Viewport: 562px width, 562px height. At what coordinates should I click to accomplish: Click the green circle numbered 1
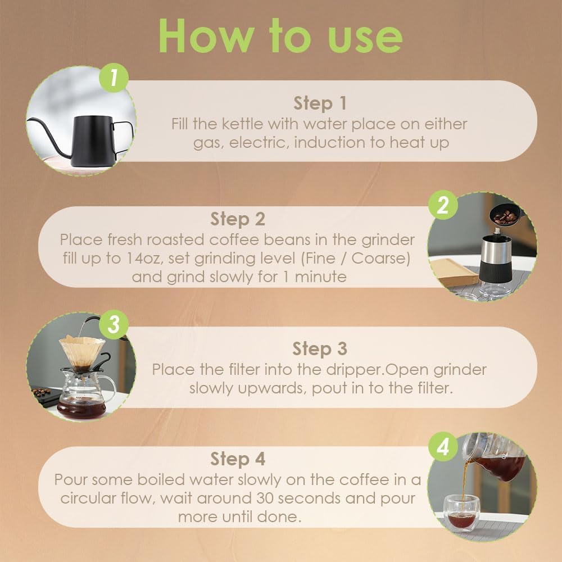pos(114,78)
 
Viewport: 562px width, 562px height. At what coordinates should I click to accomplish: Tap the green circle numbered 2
pos(443,205)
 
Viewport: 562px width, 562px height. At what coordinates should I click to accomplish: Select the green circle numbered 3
pos(114,324)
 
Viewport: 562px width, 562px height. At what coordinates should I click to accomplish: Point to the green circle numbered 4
pos(443,447)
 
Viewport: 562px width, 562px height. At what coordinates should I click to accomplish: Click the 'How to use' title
pos(280,36)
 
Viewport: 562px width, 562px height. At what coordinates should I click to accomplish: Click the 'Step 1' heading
pos(320,103)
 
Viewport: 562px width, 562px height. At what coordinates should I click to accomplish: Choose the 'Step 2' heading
pos(238,219)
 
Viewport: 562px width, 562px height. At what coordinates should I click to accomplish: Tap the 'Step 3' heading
pos(320,349)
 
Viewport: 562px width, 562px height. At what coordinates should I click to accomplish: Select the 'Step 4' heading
pos(238,459)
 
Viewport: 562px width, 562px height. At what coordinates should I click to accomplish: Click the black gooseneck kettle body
pos(93,141)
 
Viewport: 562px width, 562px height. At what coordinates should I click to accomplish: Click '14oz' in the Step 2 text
pos(145,259)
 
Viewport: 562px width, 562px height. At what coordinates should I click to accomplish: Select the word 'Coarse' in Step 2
pos(378,259)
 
